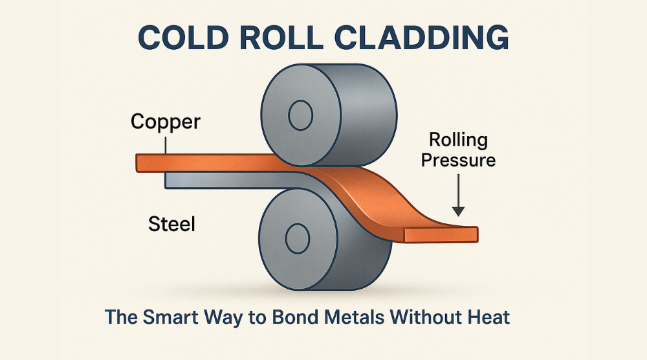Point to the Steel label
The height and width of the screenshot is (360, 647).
(x=171, y=225)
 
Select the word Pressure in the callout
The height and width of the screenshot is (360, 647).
(x=458, y=159)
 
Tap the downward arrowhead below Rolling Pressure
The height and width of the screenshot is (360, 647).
(x=458, y=210)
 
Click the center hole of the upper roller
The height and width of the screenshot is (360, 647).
(x=300, y=117)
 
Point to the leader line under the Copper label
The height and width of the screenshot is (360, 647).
(x=166, y=144)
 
